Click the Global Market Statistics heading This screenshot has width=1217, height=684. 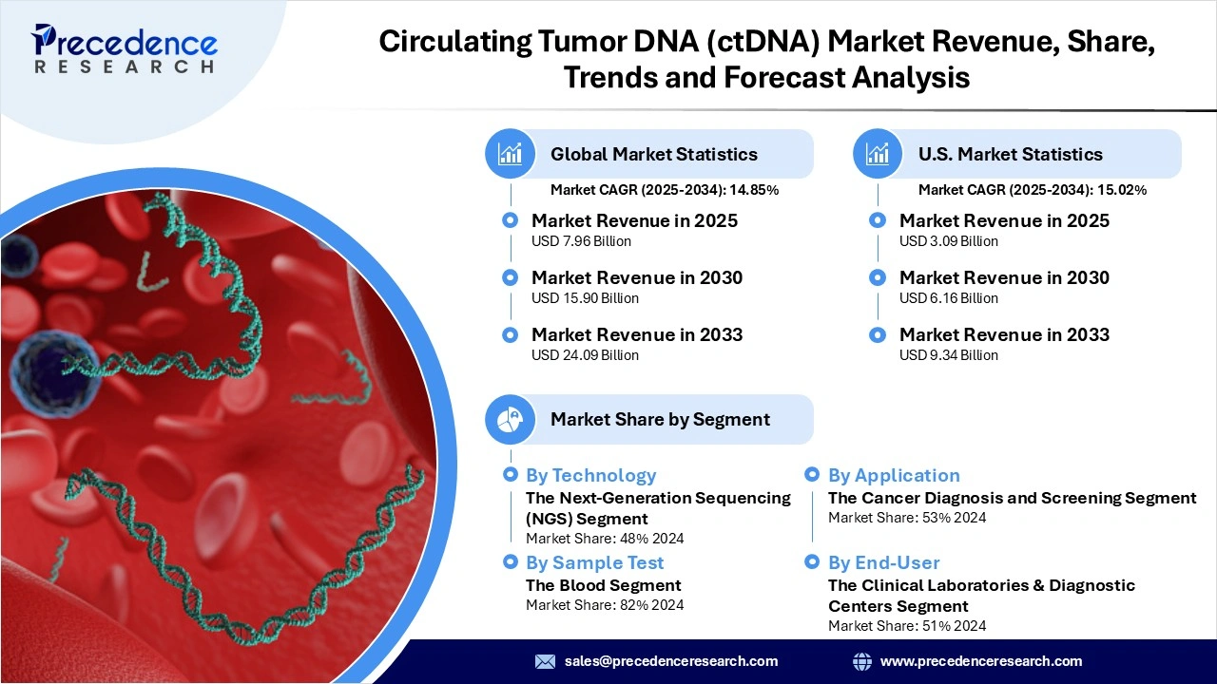[x=653, y=154]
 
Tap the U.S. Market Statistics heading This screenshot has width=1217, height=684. [x=1010, y=154]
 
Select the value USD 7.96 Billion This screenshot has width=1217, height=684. [x=581, y=241]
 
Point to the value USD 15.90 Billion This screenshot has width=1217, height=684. [x=585, y=298]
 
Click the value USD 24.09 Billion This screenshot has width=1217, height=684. [x=585, y=355]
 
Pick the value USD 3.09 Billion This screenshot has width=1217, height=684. [x=948, y=241]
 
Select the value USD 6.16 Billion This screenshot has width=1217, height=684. [x=948, y=298]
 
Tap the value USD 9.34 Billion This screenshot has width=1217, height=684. [x=948, y=355]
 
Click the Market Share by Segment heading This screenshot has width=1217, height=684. [x=660, y=419]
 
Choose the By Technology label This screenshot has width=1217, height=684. [x=590, y=475]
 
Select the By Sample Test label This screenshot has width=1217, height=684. [x=594, y=562]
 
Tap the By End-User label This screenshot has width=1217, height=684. [x=883, y=562]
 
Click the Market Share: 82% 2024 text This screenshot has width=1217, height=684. [x=604, y=605]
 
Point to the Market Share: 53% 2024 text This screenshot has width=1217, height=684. [x=906, y=518]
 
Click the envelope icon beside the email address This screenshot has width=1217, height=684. [x=545, y=661]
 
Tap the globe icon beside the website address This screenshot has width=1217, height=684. [x=862, y=661]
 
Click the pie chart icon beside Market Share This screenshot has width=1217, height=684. [x=511, y=419]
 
